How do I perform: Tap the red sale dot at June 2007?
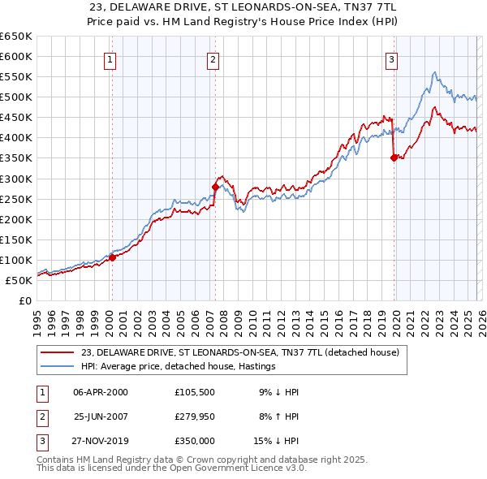(x=216, y=187)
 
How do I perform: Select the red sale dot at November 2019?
(x=394, y=158)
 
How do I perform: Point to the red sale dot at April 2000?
(x=112, y=257)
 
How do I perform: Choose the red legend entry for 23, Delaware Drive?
(x=239, y=353)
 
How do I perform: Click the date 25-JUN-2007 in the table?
(x=101, y=416)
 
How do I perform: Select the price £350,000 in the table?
(x=194, y=441)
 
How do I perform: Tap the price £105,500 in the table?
(x=194, y=392)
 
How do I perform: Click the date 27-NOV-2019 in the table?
(x=101, y=441)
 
